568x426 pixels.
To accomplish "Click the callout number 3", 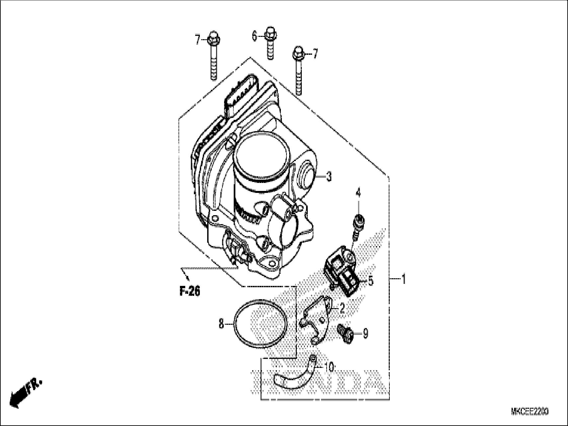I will coord(328,177).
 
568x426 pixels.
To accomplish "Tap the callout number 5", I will coord(370,281).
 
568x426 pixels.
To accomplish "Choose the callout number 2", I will coord(342,309).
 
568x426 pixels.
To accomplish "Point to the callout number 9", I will coord(365,333).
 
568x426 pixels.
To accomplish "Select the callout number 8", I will coord(221,324).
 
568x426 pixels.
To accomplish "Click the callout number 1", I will coord(403,279).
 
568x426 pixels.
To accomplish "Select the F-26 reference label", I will coord(190,291).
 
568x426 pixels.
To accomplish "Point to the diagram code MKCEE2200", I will coord(529,412).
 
